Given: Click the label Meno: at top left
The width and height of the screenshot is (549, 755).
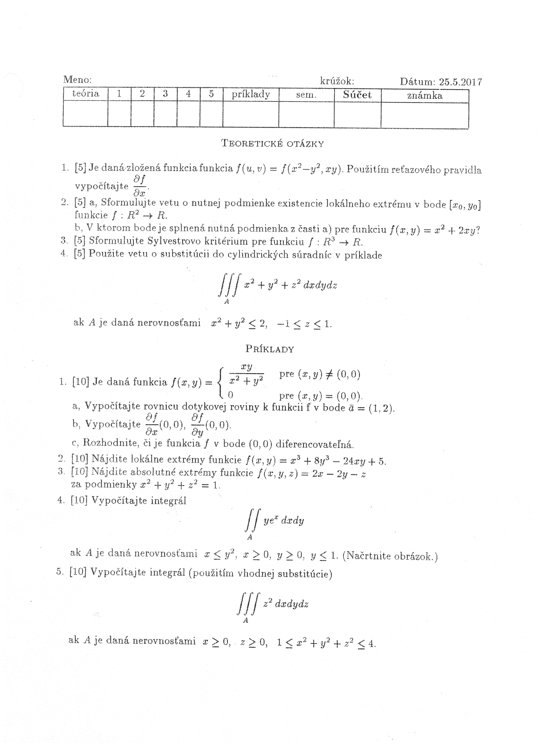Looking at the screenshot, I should tap(77, 80).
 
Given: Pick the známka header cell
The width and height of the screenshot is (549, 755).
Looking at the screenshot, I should tap(425, 96).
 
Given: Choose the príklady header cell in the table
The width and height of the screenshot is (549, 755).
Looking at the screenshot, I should tap(250, 95).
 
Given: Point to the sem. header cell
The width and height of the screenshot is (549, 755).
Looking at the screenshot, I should tap(306, 95).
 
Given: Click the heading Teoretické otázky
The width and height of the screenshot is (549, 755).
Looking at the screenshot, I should tap(272, 144).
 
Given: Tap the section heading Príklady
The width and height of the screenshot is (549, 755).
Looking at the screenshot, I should tap(270, 349).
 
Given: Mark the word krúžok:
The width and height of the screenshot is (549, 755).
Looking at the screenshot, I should tap(337, 81).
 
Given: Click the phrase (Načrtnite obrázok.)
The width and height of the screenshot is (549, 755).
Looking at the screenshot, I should tap(390, 556).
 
